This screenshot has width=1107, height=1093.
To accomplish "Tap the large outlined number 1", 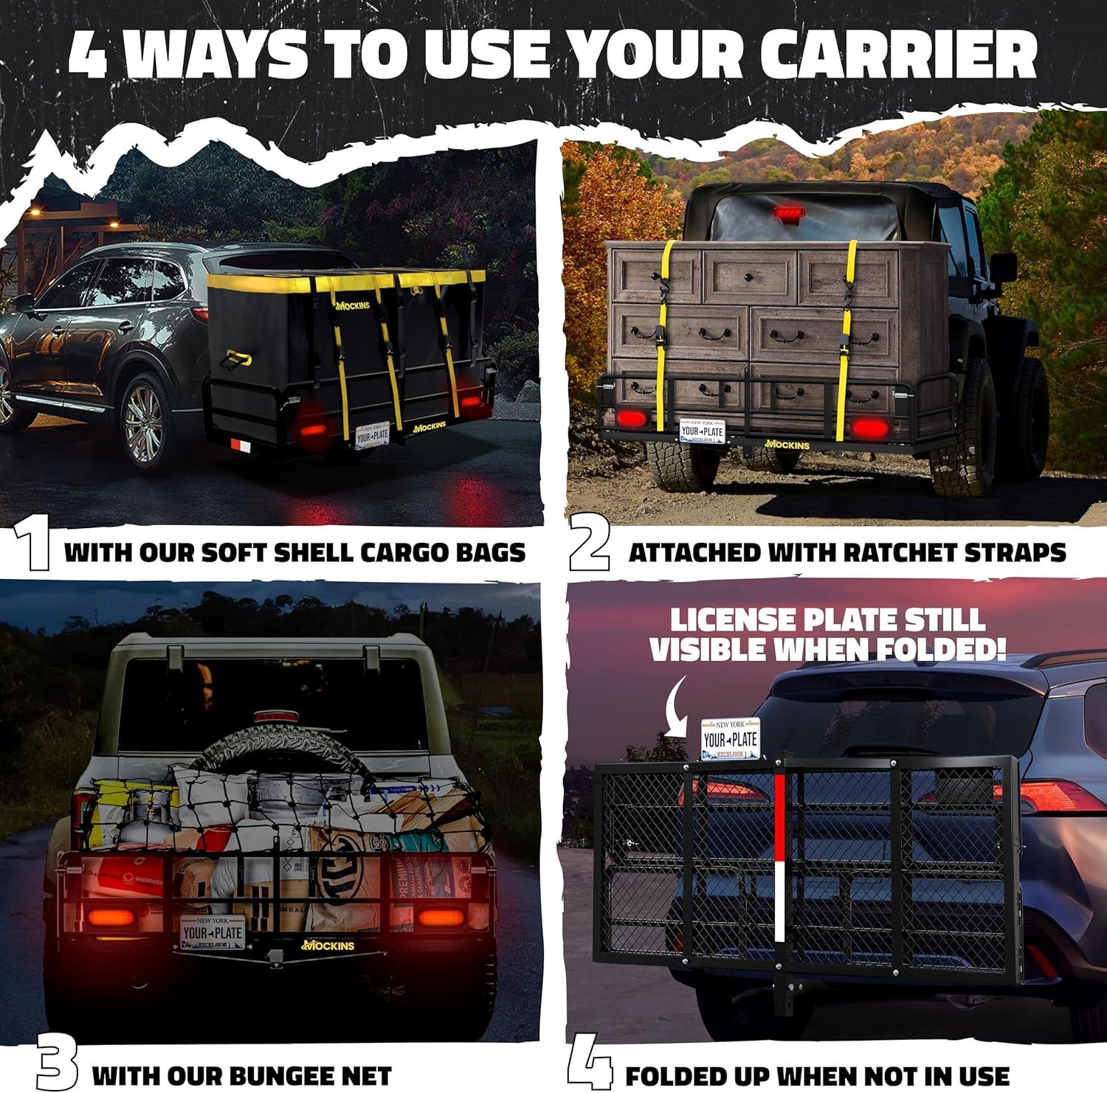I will click(x=32, y=544).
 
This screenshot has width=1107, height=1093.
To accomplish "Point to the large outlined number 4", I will click(x=589, y=1066).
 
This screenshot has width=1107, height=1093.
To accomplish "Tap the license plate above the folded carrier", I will click(x=730, y=738).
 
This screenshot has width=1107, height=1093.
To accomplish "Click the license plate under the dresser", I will click(x=702, y=431).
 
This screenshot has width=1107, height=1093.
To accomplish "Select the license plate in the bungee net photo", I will click(x=213, y=933).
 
